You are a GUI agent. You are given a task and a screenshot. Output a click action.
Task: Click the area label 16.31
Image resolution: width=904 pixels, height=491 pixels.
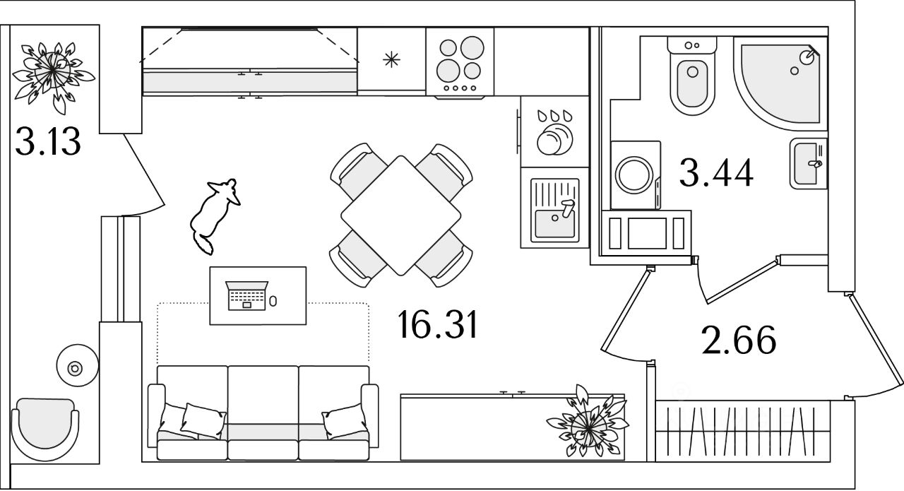(438, 325)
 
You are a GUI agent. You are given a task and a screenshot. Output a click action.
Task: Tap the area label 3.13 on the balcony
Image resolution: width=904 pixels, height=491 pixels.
(48, 142)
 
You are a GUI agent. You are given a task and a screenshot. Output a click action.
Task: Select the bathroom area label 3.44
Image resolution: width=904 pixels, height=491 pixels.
(716, 172)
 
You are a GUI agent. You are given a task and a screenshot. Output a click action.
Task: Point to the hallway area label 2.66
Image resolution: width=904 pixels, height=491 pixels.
(739, 340)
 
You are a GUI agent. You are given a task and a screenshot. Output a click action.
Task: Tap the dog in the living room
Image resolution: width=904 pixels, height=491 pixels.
(214, 213)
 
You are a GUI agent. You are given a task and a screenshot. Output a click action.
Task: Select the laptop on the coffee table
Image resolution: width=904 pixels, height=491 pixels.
(246, 295)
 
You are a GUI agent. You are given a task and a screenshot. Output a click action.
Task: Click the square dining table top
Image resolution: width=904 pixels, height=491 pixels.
(400, 215)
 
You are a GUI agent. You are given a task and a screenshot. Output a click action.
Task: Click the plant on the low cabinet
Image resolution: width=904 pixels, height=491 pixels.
(585, 422)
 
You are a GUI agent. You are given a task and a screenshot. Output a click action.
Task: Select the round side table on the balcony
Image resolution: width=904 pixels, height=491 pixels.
(76, 367)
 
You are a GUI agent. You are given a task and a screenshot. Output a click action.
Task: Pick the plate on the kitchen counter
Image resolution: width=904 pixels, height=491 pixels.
(554, 138)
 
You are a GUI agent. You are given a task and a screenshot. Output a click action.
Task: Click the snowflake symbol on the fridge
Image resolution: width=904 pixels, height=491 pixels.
(391, 59)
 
